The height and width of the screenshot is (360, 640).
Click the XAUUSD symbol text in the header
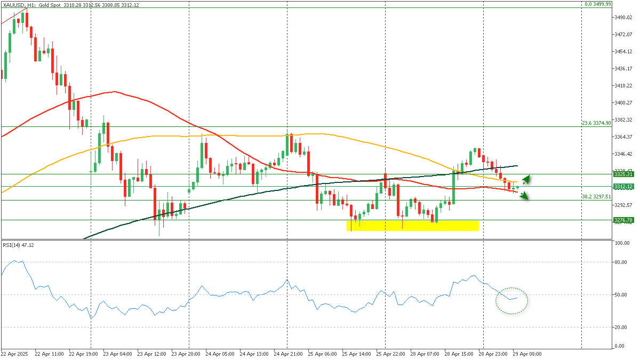coord(14,4)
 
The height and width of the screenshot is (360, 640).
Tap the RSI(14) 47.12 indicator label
coord(19,245)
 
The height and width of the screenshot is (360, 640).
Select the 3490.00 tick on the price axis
coord(623,18)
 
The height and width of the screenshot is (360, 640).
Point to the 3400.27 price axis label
coord(623,102)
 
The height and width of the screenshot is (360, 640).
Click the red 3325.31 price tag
coord(623,174)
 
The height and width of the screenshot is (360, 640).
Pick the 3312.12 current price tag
coord(623,186)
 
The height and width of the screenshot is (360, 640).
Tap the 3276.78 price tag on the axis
coord(623,220)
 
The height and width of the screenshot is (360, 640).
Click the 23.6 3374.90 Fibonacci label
coord(596,123)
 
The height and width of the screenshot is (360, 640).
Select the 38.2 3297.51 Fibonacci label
coord(596,197)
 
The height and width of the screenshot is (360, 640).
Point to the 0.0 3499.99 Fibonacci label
coord(597,4)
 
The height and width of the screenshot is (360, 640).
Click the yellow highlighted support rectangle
coord(412,225)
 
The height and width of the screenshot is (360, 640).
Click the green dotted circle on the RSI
coord(511,300)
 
